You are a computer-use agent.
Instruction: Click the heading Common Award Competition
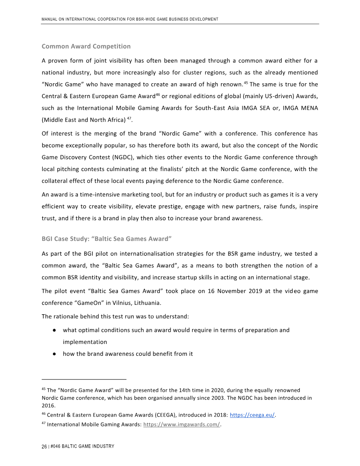[86, 46]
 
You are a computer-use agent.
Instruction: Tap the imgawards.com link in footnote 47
[181, 425]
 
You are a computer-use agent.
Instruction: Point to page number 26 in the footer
[44, 446]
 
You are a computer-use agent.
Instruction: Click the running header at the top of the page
[130, 19]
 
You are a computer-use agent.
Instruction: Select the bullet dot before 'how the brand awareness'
[54, 354]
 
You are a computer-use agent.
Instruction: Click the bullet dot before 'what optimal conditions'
[54, 330]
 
